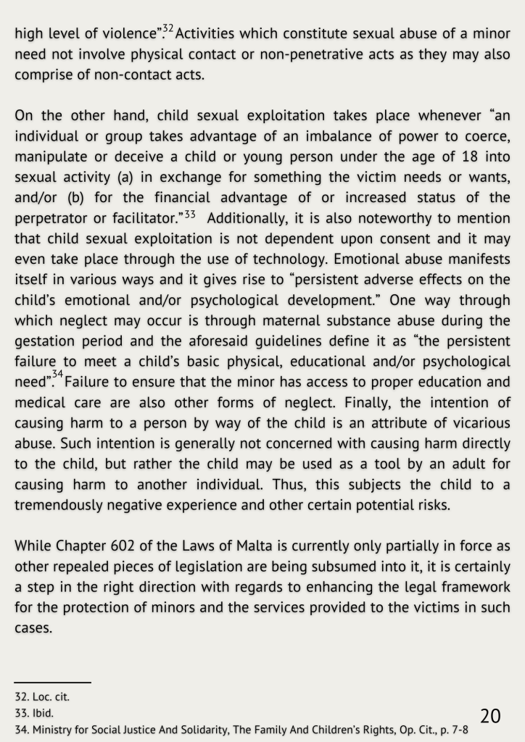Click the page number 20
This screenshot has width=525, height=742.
pyautogui.click(x=490, y=715)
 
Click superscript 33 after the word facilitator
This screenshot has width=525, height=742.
pyautogui.click(x=190, y=214)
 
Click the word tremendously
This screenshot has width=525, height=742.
pyautogui.click(x=59, y=505)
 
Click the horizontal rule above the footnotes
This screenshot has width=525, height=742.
pyautogui.click(x=53, y=682)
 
